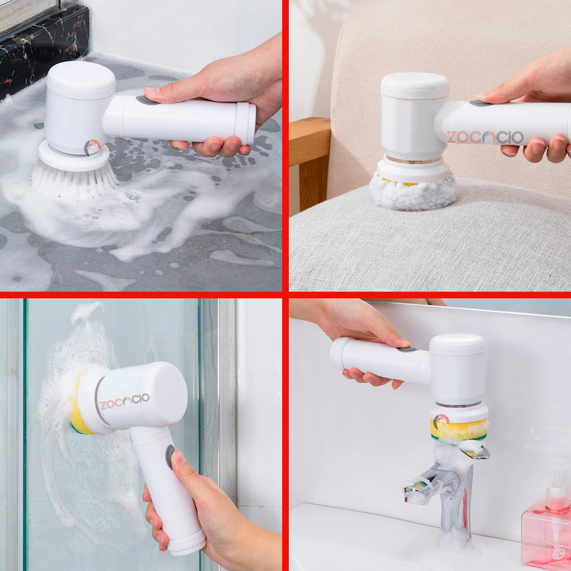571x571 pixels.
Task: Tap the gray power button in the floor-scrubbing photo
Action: (147, 100)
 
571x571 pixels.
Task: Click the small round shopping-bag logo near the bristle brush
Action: (93, 148)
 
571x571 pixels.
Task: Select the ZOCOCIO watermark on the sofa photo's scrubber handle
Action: (485, 137)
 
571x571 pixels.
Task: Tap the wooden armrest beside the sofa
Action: (310, 164)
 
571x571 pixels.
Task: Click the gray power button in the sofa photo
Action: (480, 103)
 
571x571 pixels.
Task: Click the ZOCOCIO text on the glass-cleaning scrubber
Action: (124, 401)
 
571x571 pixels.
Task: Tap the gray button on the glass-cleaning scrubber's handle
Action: (170, 457)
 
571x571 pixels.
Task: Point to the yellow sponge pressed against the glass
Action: (79, 404)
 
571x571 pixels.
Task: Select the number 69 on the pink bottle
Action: (558, 554)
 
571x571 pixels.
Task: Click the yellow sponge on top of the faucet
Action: (459, 430)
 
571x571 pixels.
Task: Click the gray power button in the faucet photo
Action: (406, 349)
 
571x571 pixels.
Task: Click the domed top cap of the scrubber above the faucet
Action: (457, 344)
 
